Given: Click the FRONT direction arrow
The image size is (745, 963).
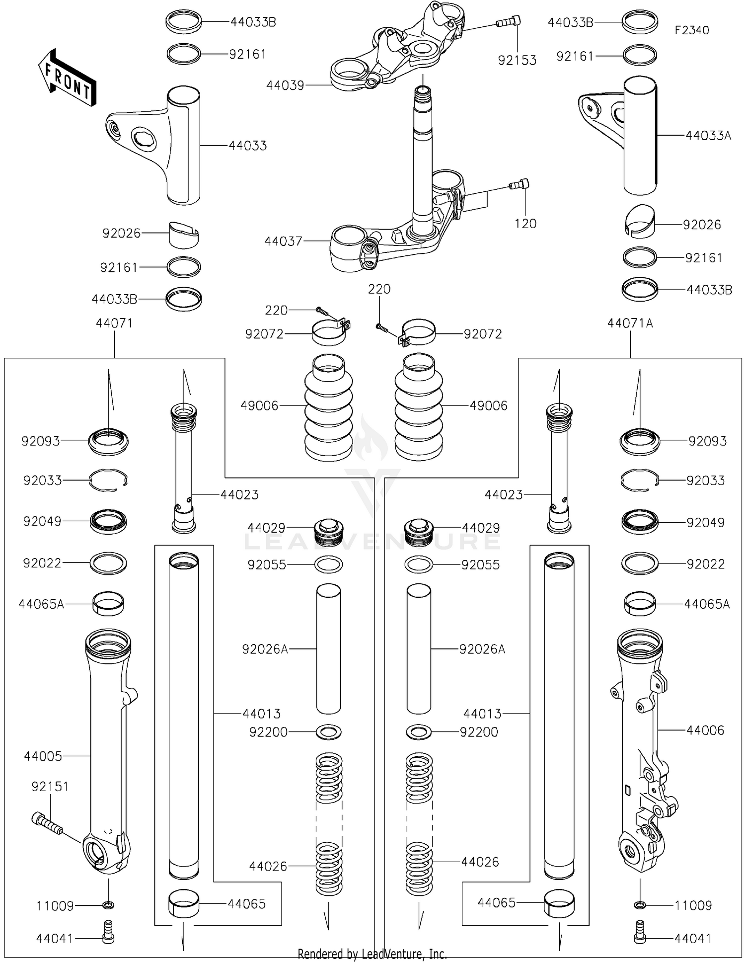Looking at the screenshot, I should click(x=67, y=78).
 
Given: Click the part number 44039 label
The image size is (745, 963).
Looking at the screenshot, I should click(x=285, y=85).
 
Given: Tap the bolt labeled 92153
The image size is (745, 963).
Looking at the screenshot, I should click(x=508, y=21).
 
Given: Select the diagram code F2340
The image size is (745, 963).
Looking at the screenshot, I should click(x=691, y=30).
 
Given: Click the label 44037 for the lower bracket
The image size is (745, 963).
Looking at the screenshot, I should click(x=283, y=241).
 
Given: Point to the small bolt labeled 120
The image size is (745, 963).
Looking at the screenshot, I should click(x=520, y=185).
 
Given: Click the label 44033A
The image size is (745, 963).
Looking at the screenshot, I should click(x=708, y=136).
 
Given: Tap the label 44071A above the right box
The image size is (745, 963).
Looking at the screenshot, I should click(x=630, y=323).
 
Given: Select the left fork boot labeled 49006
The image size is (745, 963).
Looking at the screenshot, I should click(x=328, y=406).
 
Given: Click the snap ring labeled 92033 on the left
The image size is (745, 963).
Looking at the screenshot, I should click(x=109, y=481).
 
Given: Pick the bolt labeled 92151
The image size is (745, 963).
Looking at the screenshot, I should click(x=47, y=823).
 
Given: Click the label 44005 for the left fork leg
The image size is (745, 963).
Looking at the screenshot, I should click(x=43, y=756).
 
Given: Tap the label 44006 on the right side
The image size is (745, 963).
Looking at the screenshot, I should click(x=705, y=730).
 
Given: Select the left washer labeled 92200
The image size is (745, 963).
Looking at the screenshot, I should click(x=328, y=732).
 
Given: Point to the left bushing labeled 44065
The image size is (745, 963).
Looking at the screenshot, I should click(x=184, y=903).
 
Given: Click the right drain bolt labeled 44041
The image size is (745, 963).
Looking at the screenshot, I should click(x=640, y=938).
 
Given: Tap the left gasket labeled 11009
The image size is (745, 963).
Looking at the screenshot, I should click(x=108, y=904).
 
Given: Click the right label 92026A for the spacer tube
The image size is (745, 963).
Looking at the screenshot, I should click(x=482, y=649).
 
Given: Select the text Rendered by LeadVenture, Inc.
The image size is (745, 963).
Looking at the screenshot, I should click(x=372, y=954).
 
